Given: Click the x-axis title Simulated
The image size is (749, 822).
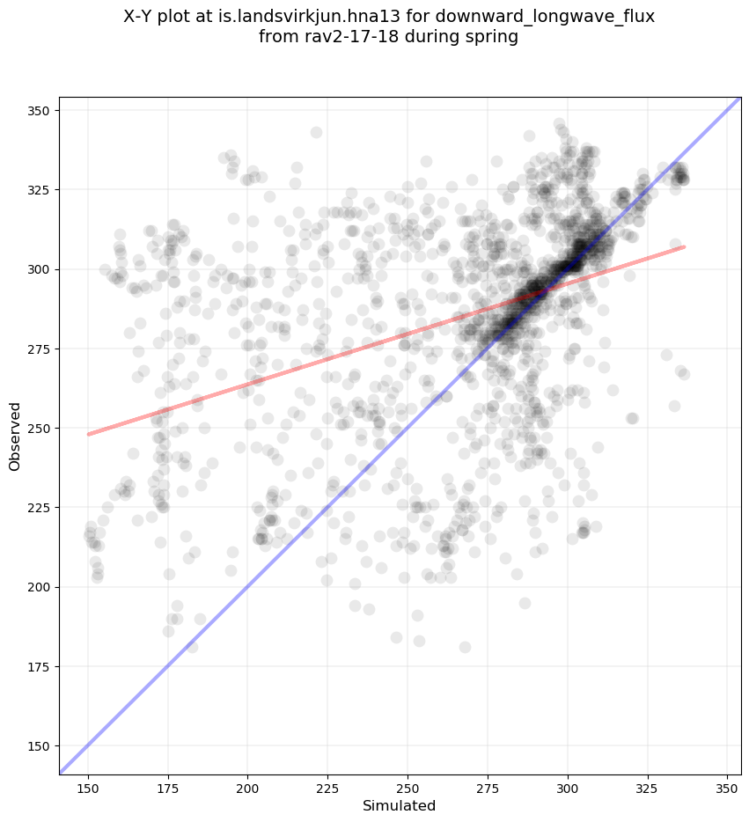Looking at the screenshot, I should [400, 805].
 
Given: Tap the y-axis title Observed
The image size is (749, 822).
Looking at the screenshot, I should [15, 437].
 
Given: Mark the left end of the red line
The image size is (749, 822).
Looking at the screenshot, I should [88, 434].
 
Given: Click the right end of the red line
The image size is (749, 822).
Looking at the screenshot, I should [684, 246].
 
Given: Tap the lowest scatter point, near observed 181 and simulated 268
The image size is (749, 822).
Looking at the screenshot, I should [465, 648].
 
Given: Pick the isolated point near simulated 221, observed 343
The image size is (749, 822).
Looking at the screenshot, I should [316, 133].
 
